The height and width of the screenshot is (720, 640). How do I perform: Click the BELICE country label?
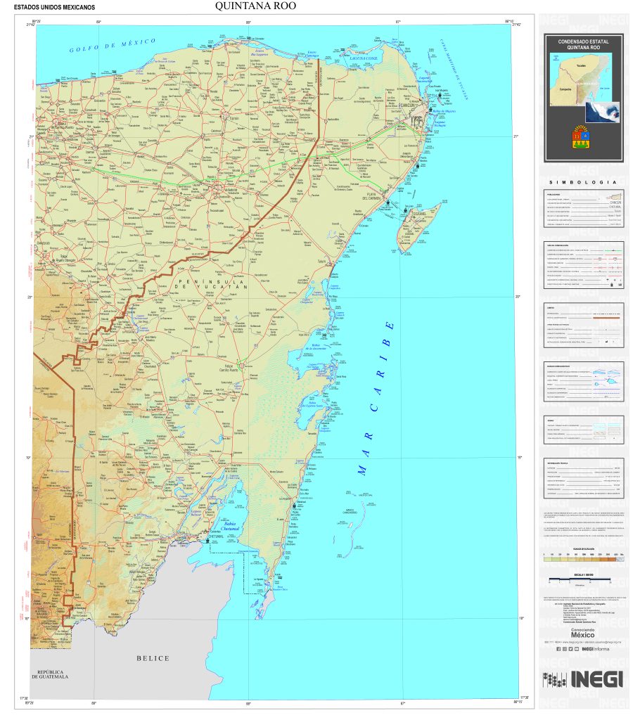coord(153,658)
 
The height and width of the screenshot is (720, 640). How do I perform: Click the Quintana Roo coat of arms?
coord(582,138)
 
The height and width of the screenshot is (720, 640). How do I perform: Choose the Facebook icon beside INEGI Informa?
coord(557,649)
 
